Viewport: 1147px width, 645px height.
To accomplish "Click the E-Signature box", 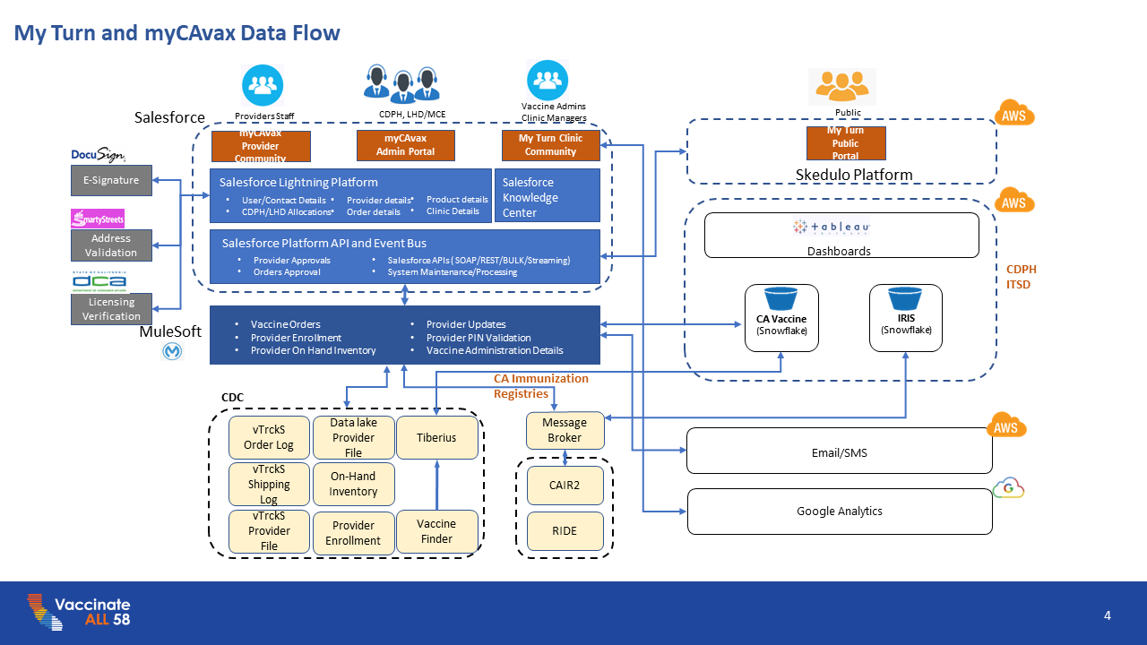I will (111, 180).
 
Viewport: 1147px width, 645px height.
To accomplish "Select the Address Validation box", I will (111, 245).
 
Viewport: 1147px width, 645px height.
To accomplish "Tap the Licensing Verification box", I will (111, 309).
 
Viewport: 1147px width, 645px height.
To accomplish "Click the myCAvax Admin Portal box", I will (406, 145).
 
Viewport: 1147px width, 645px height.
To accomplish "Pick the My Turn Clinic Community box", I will (550, 145).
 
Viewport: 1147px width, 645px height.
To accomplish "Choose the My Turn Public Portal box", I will (845, 143).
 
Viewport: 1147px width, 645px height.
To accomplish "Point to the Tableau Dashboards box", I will (840, 235).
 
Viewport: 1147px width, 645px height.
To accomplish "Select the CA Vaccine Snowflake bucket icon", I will (781, 299).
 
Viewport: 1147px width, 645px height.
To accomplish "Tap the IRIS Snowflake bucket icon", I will (905, 298).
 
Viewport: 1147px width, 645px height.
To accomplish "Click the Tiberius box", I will (436, 438).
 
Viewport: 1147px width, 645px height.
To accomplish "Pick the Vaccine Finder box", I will (436, 531).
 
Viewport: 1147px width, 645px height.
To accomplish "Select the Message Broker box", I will (565, 430).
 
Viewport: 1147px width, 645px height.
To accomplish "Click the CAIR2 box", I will (565, 485).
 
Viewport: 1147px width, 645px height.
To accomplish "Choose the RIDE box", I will (565, 531).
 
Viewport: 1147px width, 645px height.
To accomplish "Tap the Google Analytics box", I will (840, 511).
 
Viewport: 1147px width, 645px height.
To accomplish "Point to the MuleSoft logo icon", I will (172, 352).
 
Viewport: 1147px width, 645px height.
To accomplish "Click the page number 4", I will (1108, 615).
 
